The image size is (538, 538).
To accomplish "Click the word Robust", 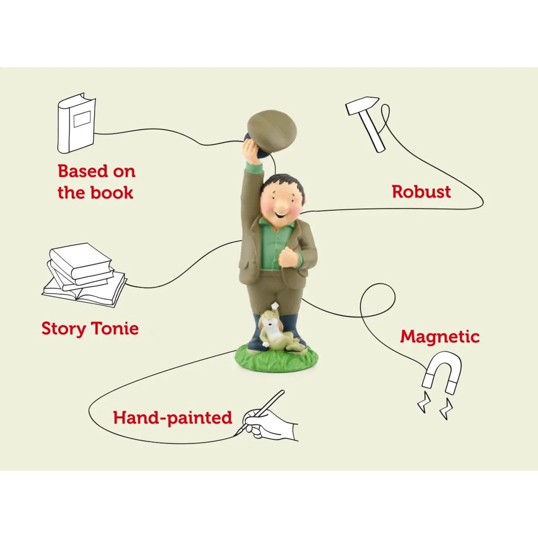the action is coord(421,192).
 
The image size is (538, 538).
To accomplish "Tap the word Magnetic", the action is coord(440,337).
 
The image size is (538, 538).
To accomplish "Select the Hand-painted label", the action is coord(172,418).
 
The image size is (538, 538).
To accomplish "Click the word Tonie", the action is coord(114,328).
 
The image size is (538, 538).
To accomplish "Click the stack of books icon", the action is coord(85,275).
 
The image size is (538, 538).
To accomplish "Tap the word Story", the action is coord(64,329).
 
